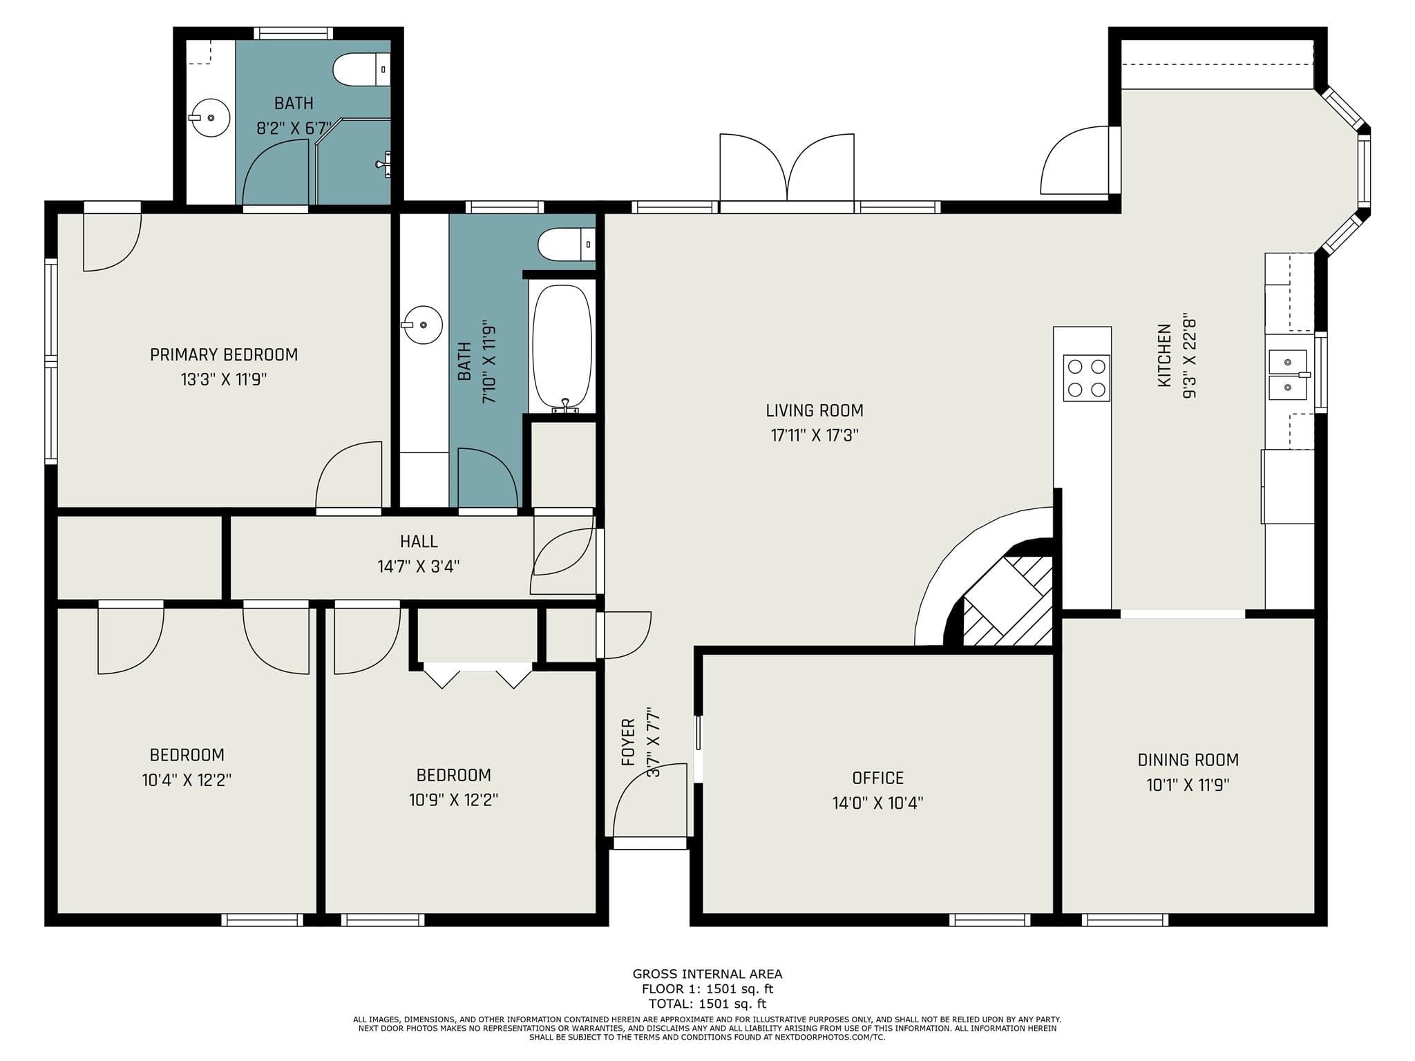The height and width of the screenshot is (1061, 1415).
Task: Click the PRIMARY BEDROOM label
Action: point(224,354)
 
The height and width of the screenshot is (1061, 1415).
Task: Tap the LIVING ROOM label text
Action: point(815,410)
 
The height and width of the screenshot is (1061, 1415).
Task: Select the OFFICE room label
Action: point(877,778)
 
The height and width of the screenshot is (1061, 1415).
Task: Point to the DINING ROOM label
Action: point(1188,760)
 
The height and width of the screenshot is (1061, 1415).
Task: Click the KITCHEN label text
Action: point(1165,355)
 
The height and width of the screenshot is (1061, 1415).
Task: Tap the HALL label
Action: point(419,542)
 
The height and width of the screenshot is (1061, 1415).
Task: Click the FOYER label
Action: point(628,742)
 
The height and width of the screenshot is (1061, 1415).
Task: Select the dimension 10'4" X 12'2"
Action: point(187,780)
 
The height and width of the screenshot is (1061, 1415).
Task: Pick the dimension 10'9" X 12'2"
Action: point(453,800)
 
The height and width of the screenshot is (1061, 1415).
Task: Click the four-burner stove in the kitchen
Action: point(1086,378)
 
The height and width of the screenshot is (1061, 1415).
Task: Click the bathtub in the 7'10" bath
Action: point(562,348)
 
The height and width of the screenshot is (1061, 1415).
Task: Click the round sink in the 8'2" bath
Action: point(209,117)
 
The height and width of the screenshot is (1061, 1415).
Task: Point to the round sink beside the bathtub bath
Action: point(422,325)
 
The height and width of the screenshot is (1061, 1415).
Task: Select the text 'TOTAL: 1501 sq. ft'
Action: point(707,1004)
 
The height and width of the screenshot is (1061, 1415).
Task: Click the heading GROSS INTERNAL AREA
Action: point(707,974)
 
